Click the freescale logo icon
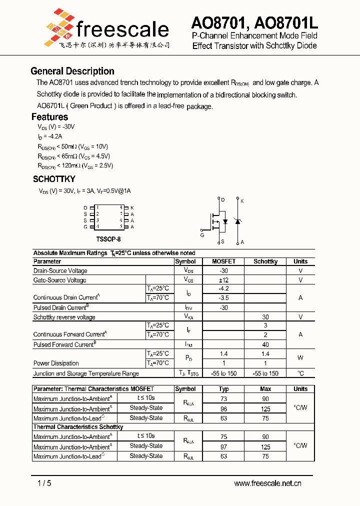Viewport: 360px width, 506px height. (59, 25)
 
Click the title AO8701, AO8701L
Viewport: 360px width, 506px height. (254, 23)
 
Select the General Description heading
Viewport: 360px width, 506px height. (72, 71)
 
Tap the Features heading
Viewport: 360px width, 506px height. (49, 117)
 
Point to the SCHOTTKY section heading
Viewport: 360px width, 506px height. (54, 178)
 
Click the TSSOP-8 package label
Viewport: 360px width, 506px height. (108, 239)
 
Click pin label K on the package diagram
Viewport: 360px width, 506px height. (132, 207)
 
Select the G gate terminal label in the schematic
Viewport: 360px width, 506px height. (202, 234)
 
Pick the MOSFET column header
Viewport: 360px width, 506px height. (223, 261)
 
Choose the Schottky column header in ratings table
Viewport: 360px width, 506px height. (265, 261)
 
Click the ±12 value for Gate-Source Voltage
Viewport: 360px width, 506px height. (223, 280)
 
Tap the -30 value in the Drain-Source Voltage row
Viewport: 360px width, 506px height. (223, 270)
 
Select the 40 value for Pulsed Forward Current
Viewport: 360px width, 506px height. (265, 344)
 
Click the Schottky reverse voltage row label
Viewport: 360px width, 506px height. (64, 317)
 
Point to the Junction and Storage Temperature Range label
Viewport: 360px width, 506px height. (86, 373)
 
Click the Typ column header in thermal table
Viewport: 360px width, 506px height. (223, 389)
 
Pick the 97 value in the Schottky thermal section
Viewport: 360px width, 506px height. (223, 446)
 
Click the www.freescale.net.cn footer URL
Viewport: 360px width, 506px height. (267, 483)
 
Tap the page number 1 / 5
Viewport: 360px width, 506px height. (44, 483)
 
